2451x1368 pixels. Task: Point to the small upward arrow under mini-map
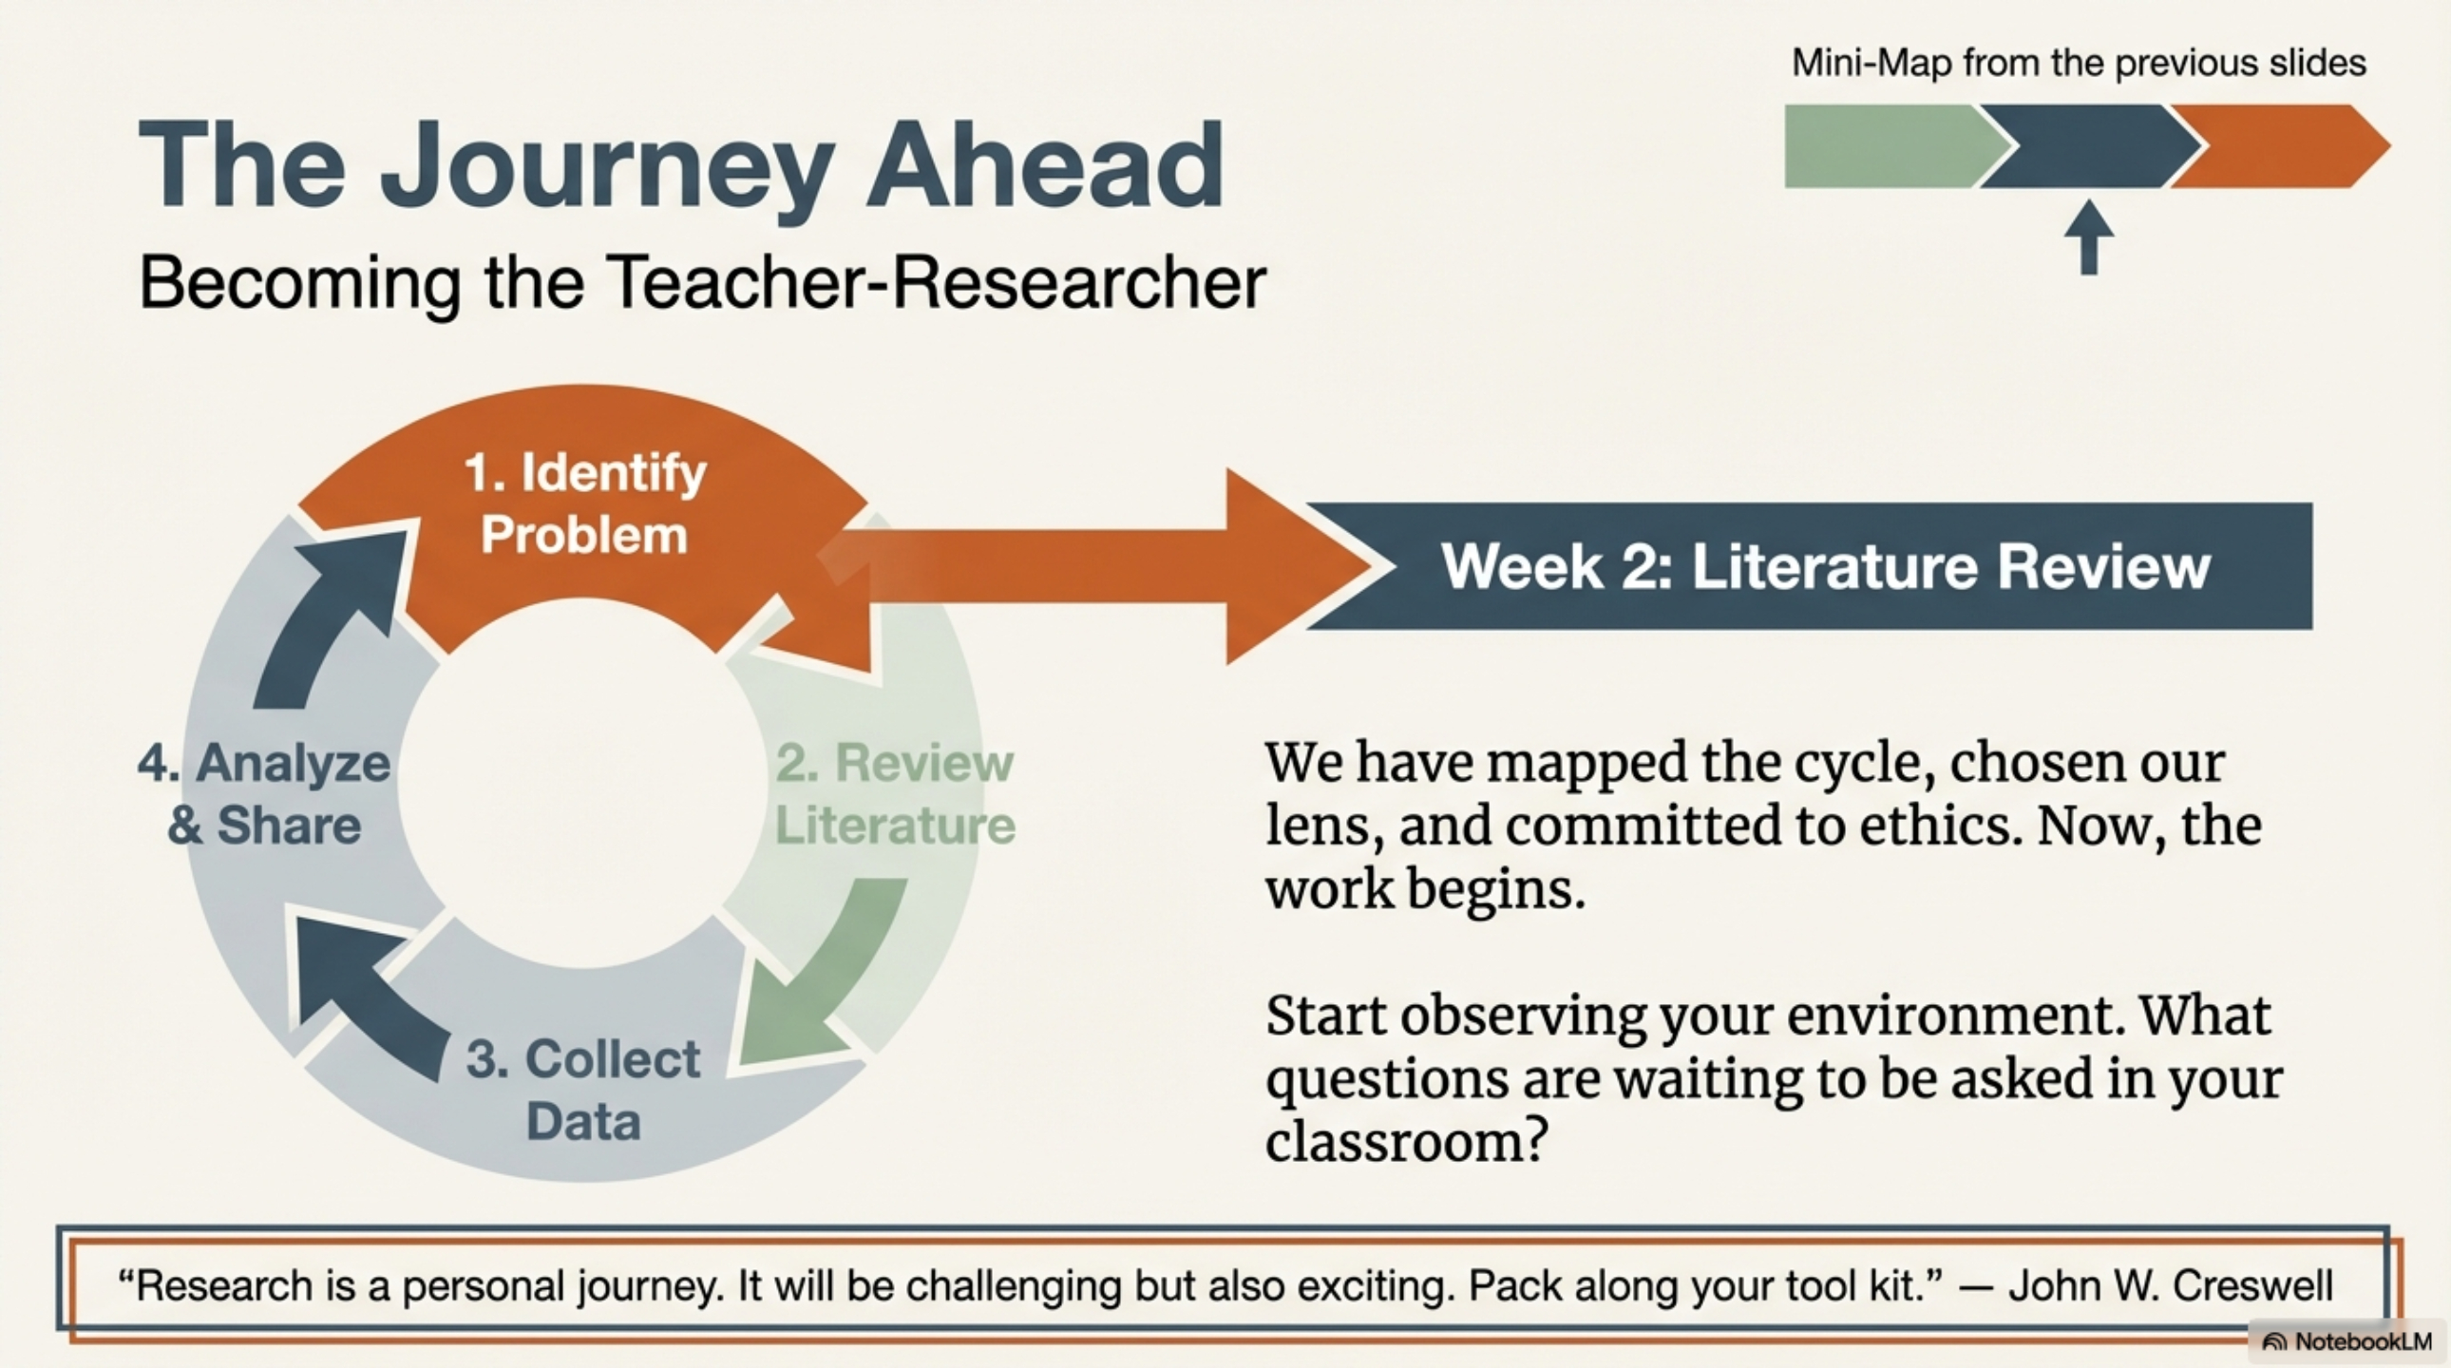[x=2089, y=237]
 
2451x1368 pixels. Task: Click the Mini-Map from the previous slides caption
[x=2079, y=63]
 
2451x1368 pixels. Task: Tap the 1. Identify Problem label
[x=585, y=503]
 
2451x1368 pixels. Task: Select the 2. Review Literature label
[x=895, y=793]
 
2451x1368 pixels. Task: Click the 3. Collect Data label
[x=583, y=1090]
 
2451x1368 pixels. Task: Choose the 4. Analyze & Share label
[x=264, y=793]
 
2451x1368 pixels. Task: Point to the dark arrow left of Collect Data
[x=371, y=998]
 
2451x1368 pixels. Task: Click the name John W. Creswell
[x=2171, y=1285]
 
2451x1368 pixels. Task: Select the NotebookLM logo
[x=2347, y=1341]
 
